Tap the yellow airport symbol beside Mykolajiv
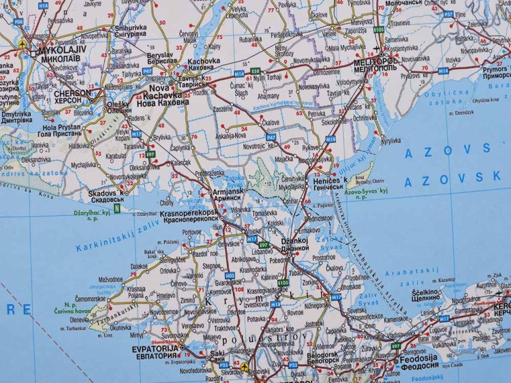click(x=25, y=46)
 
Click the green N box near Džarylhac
click(x=117, y=209)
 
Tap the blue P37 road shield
click(x=448, y=14)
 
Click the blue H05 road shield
click(x=229, y=275)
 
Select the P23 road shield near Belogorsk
click(x=292, y=365)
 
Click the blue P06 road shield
click(x=18, y=22)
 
